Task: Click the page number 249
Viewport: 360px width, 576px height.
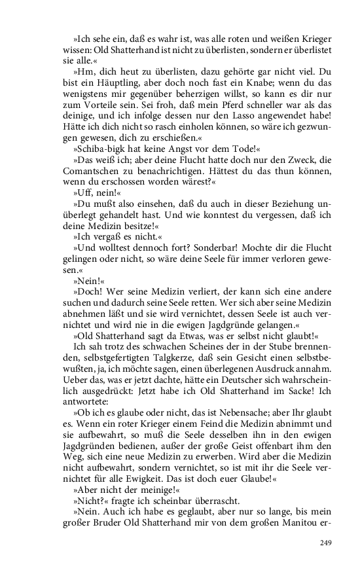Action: [x=327, y=542]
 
